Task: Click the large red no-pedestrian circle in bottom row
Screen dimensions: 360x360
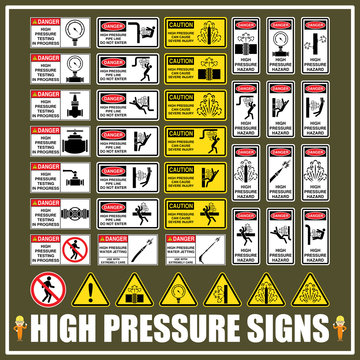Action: (43, 289)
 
